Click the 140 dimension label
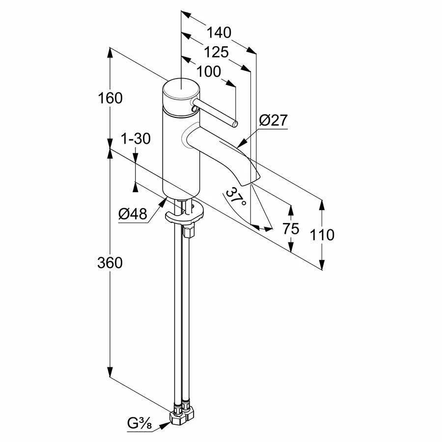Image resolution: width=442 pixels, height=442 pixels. pos(219,32)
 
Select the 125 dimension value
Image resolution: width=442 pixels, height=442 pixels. pos(216,52)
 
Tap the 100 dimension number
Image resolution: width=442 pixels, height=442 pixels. pos(208,72)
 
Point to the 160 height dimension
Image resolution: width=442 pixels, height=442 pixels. pos(110,98)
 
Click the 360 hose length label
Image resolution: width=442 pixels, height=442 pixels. pos(110,263)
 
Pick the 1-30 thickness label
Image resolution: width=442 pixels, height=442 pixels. pos(136,138)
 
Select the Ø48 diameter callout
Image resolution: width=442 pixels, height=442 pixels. pos(133,214)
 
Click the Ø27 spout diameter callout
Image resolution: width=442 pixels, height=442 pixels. pos(273,120)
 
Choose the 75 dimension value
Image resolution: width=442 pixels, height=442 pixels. pos(291,228)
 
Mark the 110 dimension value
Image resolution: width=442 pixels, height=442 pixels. pos(322,235)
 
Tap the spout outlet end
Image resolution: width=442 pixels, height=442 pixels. pos(252,182)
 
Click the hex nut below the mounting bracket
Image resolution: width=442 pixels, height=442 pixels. pos(188,230)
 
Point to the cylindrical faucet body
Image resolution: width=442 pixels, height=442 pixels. pos(181,152)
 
